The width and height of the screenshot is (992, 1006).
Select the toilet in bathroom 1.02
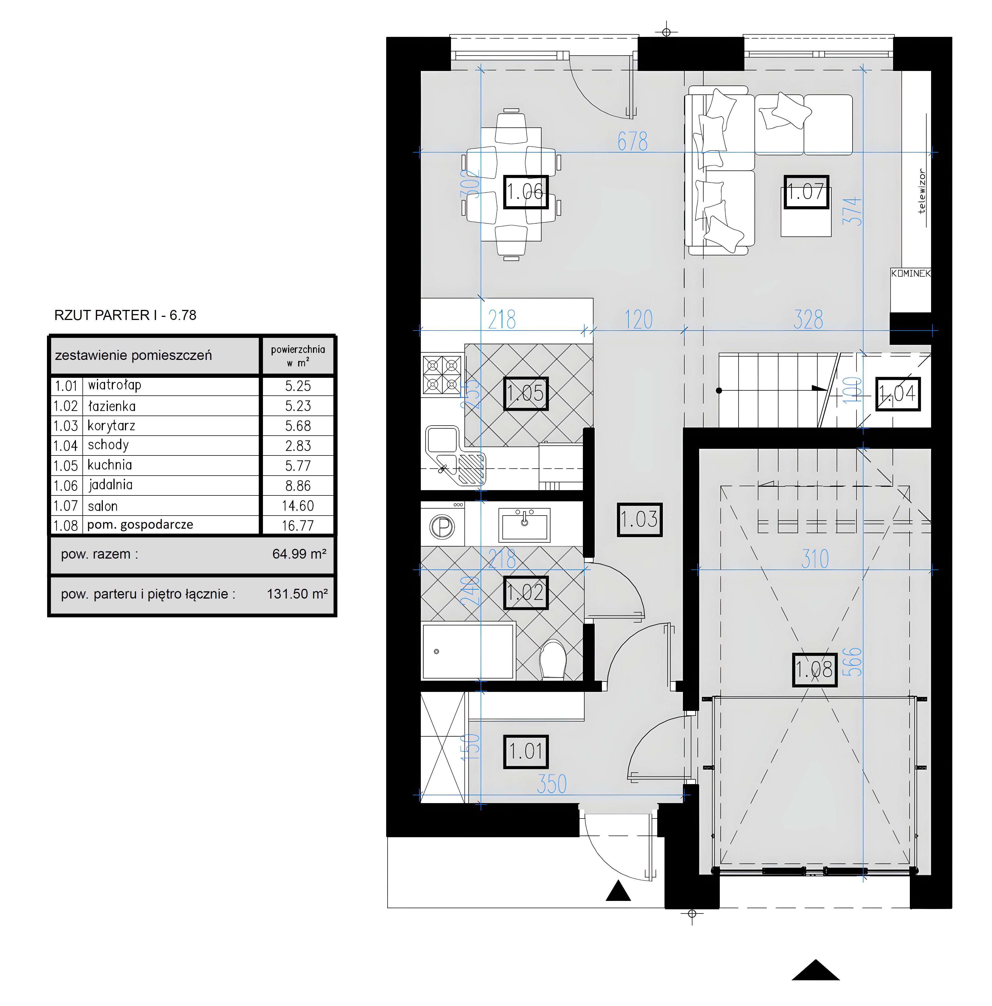(x=552, y=660)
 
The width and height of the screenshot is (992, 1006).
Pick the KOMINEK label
(x=910, y=273)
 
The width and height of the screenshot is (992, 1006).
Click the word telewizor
(x=921, y=191)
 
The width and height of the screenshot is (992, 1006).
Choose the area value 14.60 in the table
(x=298, y=506)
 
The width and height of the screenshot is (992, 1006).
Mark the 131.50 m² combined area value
(x=297, y=594)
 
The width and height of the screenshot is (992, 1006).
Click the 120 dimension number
(x=639, y=319)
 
